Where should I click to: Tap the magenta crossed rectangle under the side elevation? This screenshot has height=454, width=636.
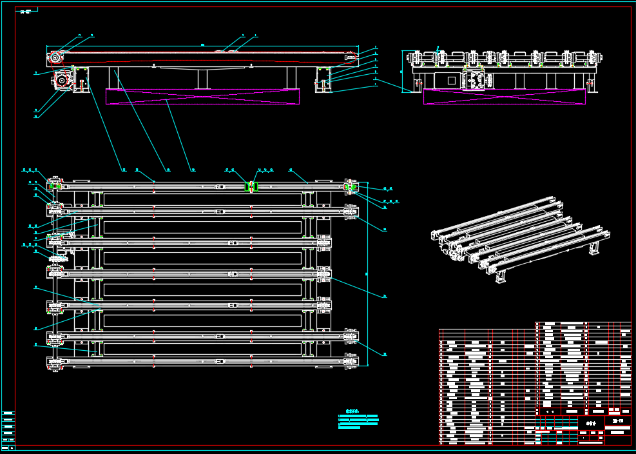(x=202, y=96)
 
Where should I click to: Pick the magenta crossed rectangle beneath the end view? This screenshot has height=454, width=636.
(x=504, y=96)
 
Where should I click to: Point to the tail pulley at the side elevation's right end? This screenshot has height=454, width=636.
(x=351, y=58)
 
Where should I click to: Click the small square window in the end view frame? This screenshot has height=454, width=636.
(x=451, y=81)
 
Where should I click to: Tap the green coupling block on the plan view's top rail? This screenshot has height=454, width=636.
(x=251, y=186)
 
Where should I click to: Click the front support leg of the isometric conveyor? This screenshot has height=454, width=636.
(x=501, y=275)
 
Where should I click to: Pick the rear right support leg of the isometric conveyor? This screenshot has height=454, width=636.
(x=594, y=248)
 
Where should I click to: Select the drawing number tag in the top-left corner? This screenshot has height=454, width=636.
(x=26, y=12)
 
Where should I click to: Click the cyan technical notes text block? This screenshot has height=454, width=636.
(x=358, y=420)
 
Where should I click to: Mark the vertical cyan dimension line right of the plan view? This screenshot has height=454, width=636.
(x=367, y=273)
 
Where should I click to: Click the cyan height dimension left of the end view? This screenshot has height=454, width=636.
(x=404, y=72)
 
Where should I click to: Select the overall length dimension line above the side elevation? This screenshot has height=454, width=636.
(x=202, y=46)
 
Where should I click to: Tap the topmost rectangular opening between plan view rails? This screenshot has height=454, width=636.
(x=202, y=199)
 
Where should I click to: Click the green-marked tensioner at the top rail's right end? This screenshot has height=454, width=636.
(x=350, y=186)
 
